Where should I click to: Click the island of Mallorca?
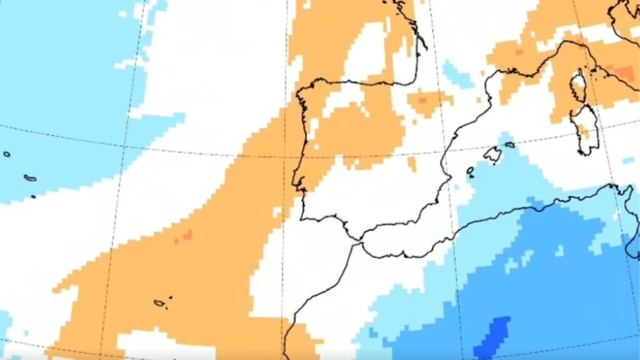(x=492, y=154)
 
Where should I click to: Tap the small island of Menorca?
(x=510, y=145)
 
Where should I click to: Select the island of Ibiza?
(x=470, y=170)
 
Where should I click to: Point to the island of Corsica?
(x=579, y=84)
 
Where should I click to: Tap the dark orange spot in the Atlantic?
(x=184, y=236)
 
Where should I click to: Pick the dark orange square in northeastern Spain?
(x=422, y=99)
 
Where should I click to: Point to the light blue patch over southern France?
(x=457, y=74)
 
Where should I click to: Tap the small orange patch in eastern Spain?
(x=412, y=164)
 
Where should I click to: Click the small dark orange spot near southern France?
(x=517, y=52)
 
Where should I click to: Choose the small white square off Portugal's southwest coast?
(x=277, y=212)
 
